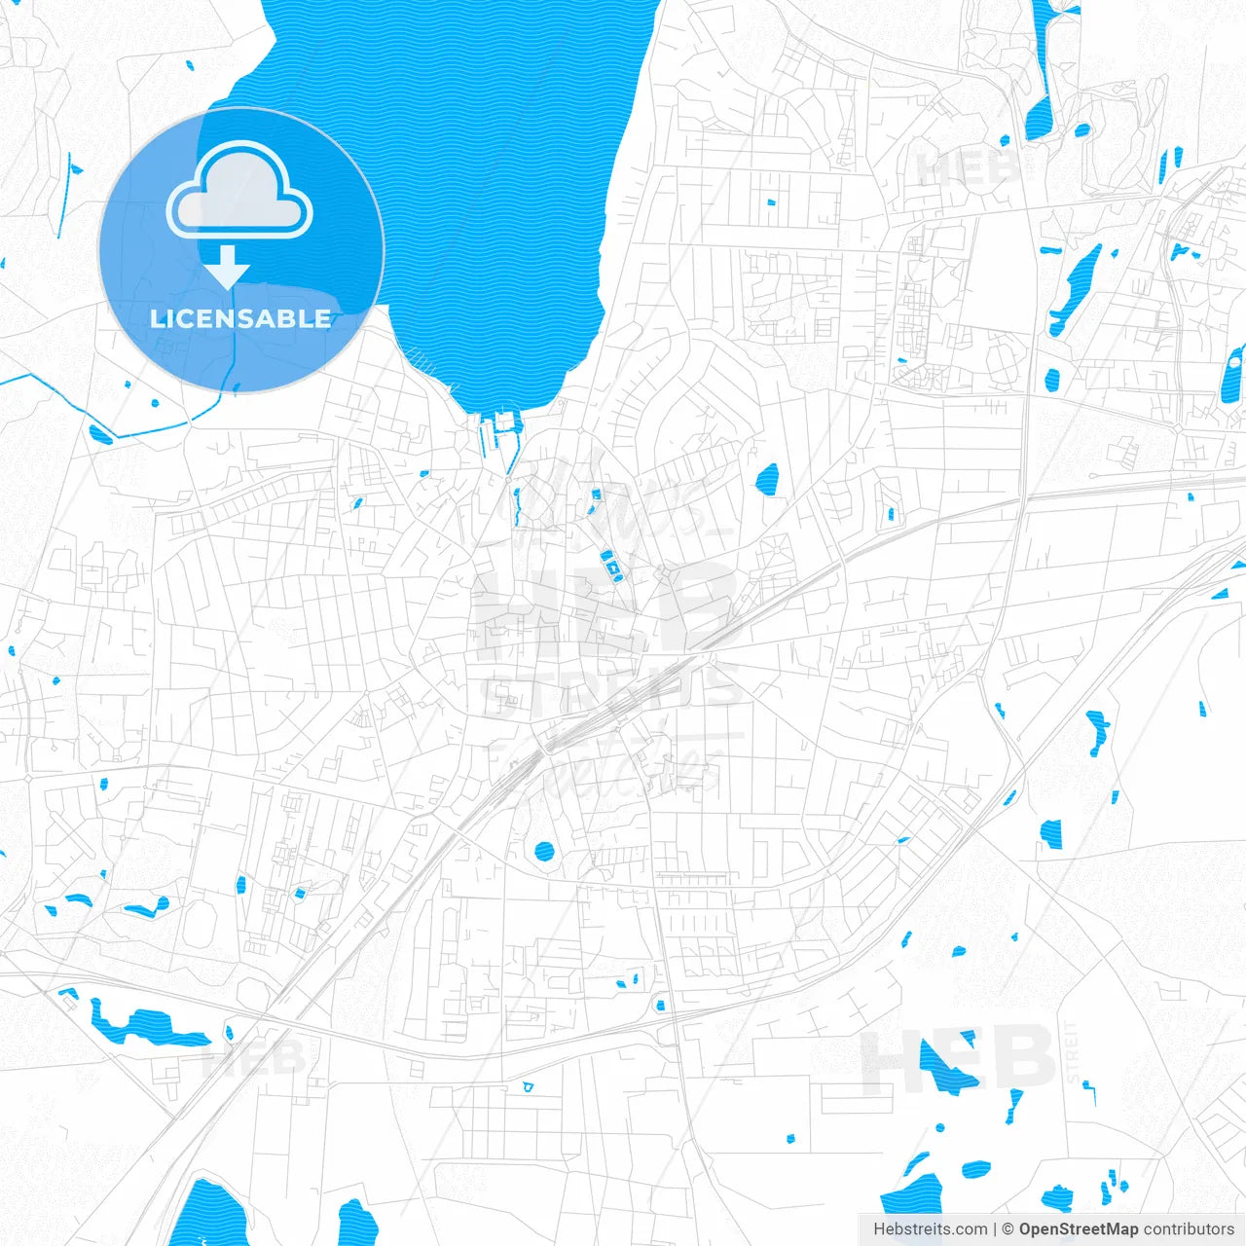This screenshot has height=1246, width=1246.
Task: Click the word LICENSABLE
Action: click(x=240, y=318)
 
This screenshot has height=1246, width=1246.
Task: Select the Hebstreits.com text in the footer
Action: click(x=930, y=1229)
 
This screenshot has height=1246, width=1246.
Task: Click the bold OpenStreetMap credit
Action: click(x=1079, y=1229)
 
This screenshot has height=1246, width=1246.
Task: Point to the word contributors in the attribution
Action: click(x=1189, y=1229)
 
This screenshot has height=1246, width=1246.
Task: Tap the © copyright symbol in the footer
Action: click(x=1008, y=1229)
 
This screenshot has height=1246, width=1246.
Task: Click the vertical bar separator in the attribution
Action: click(x=994, y=1229)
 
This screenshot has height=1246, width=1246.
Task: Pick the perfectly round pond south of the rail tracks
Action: click(x=544, y=853)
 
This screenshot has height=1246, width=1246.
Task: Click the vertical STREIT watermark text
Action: click(x=1073, y=1052)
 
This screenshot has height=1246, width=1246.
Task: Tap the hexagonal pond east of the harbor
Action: click(x=768, y=478)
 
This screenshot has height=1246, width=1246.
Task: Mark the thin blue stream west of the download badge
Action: click(x=66, y=195)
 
